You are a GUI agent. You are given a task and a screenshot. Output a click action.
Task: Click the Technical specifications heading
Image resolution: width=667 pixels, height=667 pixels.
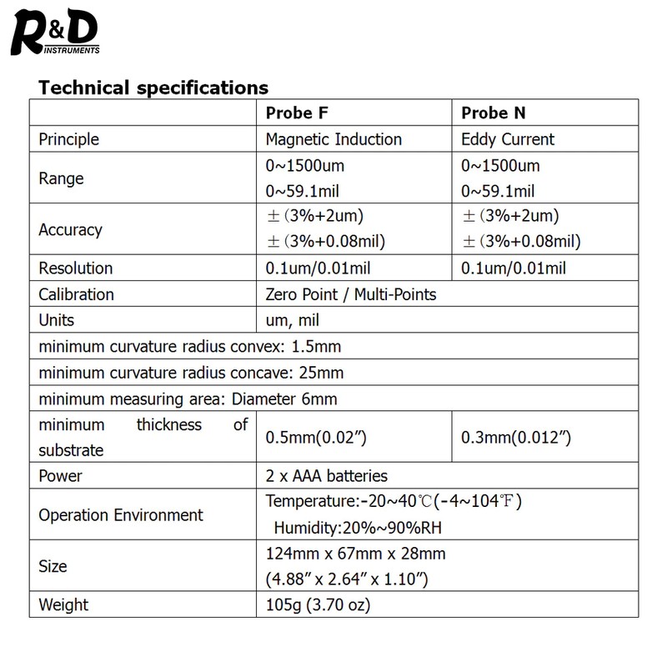(x=153, y=87)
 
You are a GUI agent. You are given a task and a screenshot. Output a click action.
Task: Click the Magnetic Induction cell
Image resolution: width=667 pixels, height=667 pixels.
(x=333, y=139)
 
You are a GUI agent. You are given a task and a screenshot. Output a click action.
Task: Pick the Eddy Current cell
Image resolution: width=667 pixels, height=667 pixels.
(x=507, y=139)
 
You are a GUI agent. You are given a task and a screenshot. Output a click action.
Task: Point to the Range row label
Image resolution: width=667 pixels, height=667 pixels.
(x=61, y=178)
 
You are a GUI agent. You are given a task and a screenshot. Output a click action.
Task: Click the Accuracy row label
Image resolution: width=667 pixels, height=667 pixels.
(x=70, y=229)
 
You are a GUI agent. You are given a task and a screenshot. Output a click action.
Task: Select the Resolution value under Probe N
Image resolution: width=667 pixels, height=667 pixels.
(x=513, y=268)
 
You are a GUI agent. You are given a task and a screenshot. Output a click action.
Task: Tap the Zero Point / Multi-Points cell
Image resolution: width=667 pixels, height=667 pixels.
(x=350, y=294)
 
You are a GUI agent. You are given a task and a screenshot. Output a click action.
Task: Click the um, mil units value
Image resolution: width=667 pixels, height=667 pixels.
(x=292, y=320)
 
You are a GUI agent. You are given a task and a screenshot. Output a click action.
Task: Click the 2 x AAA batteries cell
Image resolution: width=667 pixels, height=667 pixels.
(x=326, y=476)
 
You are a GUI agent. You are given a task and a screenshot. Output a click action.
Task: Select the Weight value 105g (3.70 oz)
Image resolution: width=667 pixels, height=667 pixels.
(x=317, y=604)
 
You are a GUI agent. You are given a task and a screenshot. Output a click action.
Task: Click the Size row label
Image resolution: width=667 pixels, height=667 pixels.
(x=53, y=566)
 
